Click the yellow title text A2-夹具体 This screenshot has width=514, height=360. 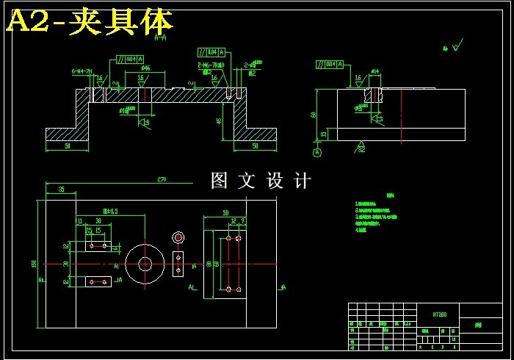[90, 22]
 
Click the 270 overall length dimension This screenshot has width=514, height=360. [162, 180]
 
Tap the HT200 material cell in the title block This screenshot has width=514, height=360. [439, 314]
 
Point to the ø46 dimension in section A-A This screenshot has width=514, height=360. [145, 68]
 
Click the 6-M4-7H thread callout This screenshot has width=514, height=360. [82, 71]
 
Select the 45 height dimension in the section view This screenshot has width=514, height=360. [220, 120]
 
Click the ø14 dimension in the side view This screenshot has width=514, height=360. [374, 72]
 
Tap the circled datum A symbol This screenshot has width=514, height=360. [317, 153]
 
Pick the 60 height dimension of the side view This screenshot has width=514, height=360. [314, 115]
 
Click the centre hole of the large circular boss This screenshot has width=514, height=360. [145, 264]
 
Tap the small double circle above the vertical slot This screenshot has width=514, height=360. [178, 237]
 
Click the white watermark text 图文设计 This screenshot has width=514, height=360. [261, 181]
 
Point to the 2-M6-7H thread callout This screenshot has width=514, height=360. [210, 65]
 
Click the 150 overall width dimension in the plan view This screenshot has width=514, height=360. [34, 264]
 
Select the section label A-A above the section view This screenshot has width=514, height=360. [161, 37]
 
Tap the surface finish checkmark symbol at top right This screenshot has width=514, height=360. [455, 46]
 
